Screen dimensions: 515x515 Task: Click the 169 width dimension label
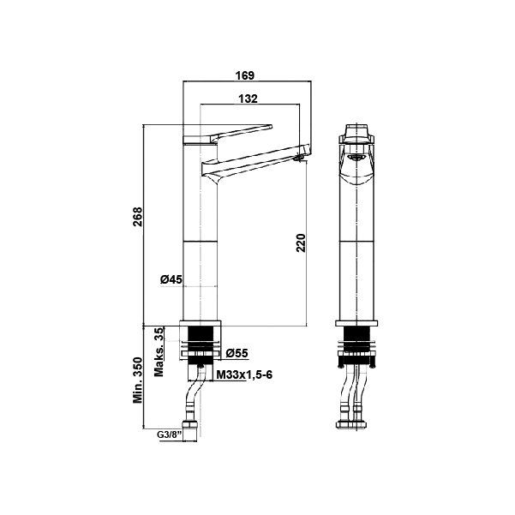click(x=245, y=75)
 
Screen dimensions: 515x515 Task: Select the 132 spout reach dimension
click(x=248, y=99)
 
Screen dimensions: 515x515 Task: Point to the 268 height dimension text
click(x=138, y=217)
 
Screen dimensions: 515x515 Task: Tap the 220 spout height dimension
click(x=301, y=243)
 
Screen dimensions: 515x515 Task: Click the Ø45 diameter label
click(x=171, y=279)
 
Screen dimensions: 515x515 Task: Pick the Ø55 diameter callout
click(x=237, y=353)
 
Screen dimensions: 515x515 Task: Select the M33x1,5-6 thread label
click(x=245, y=374)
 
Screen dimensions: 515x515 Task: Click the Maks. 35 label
click(x=159, y=352)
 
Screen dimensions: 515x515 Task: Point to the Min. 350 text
click(x=138, y=380)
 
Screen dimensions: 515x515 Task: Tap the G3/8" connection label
click(x=170, y=434)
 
